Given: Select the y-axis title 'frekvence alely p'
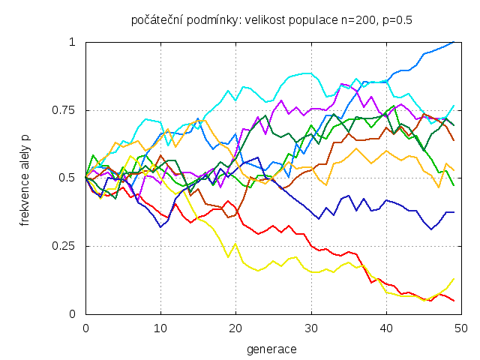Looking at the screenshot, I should point(25,178).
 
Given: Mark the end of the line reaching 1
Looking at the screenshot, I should point(454,42).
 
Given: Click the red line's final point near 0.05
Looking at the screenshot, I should point(454,301).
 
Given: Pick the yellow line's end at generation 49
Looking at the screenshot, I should point(454,278).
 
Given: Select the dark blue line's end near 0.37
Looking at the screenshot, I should point(454,212).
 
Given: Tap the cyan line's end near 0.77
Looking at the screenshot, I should point(454,105).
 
